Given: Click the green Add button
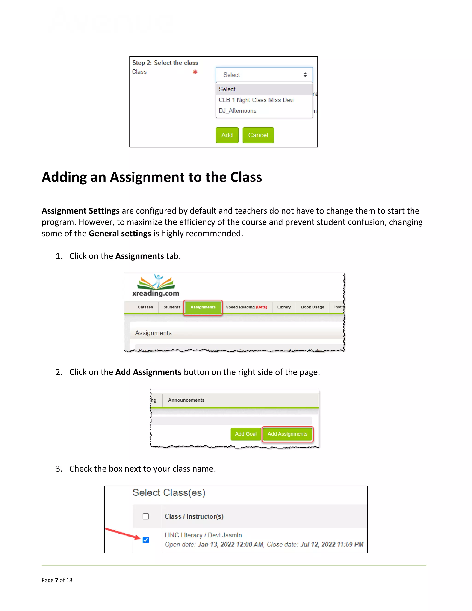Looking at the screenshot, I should point(227,135).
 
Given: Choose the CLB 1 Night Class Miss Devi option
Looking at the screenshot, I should point(256,100).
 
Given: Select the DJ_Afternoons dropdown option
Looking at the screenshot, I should point(237,111).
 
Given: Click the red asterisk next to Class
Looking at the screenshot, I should point(195,72).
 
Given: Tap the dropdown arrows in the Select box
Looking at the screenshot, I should point(305,75).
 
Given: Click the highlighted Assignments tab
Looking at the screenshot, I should point(203,307).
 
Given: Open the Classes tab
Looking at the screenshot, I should point(145,307).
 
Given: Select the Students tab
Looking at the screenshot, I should point(172,307).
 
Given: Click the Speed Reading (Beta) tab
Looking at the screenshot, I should point(246,307).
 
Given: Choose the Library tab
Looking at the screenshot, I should point(284,307).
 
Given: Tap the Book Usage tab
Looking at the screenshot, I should point(312,307).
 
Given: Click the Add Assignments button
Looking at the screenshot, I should point(287,434).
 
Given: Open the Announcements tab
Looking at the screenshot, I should point(186,400).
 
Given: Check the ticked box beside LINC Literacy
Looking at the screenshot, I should point(146,540).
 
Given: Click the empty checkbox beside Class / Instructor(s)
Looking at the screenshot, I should point(146,516).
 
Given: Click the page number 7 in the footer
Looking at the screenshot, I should point(56,580).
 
